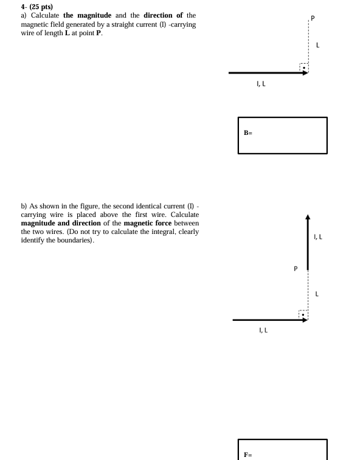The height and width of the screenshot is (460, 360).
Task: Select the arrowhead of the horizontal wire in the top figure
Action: click(305, 73)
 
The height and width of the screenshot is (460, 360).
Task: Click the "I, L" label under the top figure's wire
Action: click(261, 84)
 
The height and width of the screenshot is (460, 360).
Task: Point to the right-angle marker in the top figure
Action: click(303, 67)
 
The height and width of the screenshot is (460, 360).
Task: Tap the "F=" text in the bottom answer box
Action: click(247, 454)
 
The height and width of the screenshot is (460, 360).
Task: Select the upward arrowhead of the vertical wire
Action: click(308, 219)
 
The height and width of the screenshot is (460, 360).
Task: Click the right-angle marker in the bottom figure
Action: click(303, 314)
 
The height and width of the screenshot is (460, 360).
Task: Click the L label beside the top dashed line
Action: click(317, 46)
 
